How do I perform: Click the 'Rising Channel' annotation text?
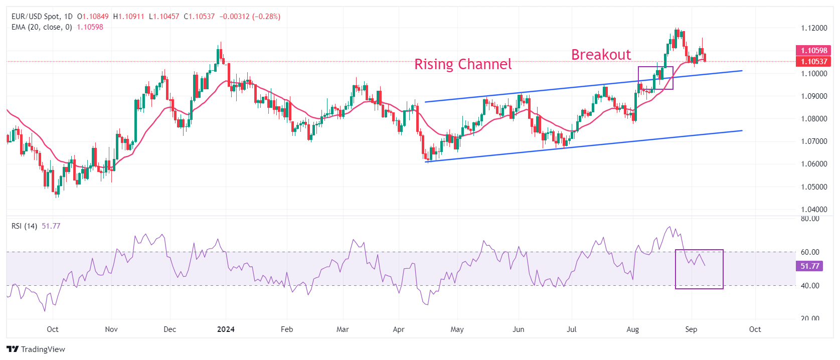[462, 64]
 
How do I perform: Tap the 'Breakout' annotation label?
[601, 55]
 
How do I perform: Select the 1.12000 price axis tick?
[814, 28]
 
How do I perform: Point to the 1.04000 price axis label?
[814, 210]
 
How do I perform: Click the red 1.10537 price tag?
[813, 62]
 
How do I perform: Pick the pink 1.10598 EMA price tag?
[813, 51]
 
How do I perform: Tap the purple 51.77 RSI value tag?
[809, 266]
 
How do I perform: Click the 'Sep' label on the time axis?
[691, 329]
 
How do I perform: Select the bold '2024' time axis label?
[226, 329]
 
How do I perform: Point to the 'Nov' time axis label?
[111, 329]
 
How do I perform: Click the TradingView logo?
[36, 349]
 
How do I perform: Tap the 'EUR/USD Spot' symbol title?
[35, 17]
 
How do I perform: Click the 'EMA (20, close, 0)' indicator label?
[42, 27]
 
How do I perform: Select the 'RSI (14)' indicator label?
[24, 226]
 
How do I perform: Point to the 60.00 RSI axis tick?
[810, 252]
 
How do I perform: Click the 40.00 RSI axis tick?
[810, 286]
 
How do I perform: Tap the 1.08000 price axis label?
[814, 119]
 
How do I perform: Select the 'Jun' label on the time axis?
[518, 329]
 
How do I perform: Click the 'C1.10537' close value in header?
[199, 17]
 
